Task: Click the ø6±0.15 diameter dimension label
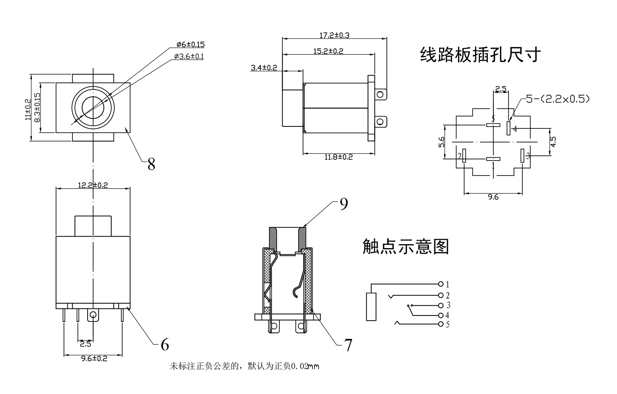pos(190,44)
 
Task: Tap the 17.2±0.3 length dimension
pos(334,35)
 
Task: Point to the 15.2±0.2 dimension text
pos(328,51)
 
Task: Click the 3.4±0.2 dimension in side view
pos(264,68)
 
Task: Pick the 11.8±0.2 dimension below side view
pos(338,157)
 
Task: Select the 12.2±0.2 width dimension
pos(93,185)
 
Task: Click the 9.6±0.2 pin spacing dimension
pos(94,359)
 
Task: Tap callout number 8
pos(151,164)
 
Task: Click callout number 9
pos(344,204)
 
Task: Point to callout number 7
pos(348,345)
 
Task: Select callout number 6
pos(164,345)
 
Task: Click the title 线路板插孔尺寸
pos(480,55)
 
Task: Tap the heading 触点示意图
pos(405,247)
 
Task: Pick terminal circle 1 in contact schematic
pos(441,284)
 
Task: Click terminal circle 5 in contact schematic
pos(441,325)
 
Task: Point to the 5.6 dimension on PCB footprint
pos(441,142)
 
